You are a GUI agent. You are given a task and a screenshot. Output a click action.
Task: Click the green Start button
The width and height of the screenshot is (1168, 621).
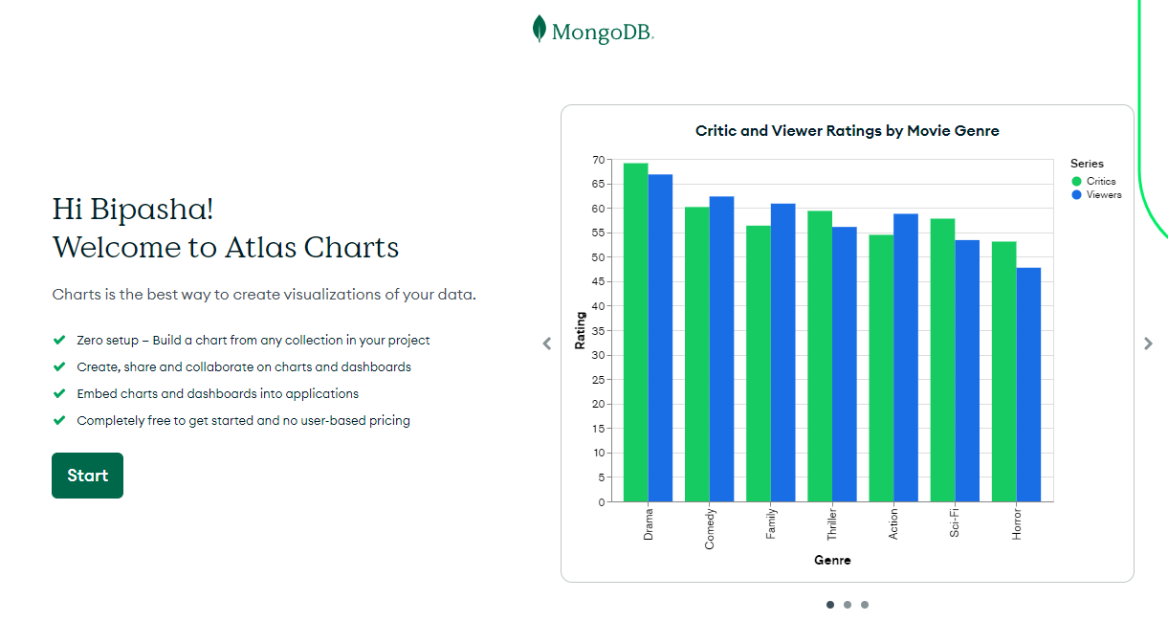[87, 476]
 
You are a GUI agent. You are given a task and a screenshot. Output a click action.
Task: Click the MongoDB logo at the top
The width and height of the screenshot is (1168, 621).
[593, 31]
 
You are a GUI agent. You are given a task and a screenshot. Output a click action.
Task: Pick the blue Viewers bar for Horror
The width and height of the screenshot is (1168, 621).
[1028, 384]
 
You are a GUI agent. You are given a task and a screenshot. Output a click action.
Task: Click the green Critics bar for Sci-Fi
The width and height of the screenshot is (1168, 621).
[942, 360]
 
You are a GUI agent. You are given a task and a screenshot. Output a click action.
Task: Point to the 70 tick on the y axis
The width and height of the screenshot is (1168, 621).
[598, 160]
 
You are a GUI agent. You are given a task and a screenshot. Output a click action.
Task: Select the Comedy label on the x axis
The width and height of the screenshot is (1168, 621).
[710, 527]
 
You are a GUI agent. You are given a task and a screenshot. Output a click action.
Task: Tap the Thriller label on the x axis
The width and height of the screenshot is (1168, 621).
[832, 525]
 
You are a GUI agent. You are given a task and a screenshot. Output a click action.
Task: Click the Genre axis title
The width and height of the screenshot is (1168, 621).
[832, 560]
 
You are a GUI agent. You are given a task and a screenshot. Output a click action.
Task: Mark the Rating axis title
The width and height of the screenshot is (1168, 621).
[580, 331]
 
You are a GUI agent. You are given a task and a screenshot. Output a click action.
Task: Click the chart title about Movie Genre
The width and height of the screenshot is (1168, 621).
[847, 131]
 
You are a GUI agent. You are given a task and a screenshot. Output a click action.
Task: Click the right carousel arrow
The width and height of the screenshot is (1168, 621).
[1148, 344]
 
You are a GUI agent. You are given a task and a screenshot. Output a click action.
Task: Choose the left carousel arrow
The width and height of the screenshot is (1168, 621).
[547, 344]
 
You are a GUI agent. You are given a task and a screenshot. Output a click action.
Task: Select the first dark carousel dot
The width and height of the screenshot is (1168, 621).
[829, 605]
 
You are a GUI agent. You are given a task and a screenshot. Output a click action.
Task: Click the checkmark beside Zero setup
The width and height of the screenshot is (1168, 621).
[59, 340]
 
